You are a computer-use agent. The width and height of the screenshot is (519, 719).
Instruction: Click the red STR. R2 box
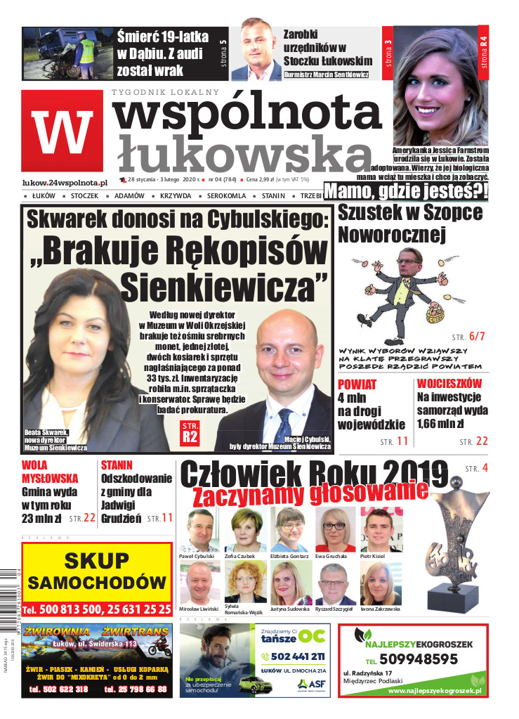(190, 433)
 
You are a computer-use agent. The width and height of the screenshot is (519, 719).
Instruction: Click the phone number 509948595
(420, 659)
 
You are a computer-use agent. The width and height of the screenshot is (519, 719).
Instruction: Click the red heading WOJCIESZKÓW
(449, 384)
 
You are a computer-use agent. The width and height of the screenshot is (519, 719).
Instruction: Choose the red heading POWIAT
(357, 384)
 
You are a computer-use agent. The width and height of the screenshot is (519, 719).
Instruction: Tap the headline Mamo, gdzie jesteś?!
(406, 191)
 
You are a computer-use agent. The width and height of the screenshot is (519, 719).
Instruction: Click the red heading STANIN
(117, 465)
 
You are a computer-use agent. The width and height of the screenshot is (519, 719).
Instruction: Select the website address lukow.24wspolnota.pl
(65, 182)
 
